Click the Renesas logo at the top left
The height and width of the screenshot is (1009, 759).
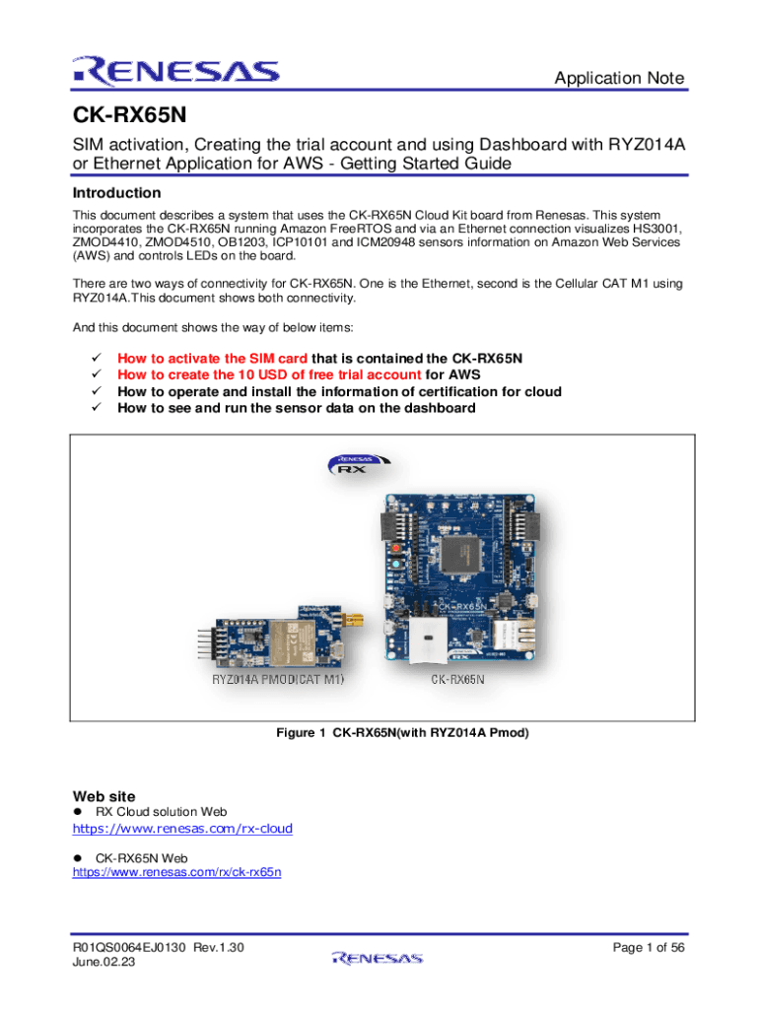[174, 71]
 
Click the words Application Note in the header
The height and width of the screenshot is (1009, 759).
[619, 79]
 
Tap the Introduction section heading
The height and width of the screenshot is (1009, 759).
[117, 193]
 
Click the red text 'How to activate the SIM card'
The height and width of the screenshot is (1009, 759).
[212, 358]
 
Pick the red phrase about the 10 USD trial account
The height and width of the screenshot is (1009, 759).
[270, 374]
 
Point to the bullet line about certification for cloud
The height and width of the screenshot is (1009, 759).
[339, 391]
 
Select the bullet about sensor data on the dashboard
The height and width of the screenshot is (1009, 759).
[296, 408]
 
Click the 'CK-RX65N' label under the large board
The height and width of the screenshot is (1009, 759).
[457, 680]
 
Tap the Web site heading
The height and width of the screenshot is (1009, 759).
[104, 796]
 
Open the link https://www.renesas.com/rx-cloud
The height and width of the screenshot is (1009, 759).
[182, 829]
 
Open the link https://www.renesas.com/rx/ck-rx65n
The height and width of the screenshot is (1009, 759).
[177, 872]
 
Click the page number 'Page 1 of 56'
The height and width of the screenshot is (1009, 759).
[648, 948]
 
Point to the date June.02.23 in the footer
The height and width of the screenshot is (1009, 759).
[104, 964]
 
